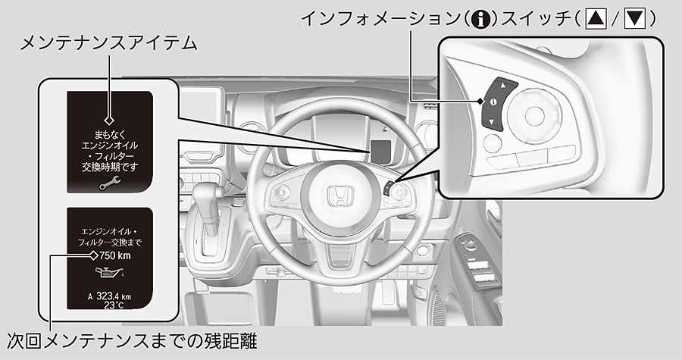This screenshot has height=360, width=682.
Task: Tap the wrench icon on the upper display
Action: point(109,182)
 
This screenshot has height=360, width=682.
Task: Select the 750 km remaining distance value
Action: point(116,255)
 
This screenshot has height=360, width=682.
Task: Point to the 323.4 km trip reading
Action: point(114,296)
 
